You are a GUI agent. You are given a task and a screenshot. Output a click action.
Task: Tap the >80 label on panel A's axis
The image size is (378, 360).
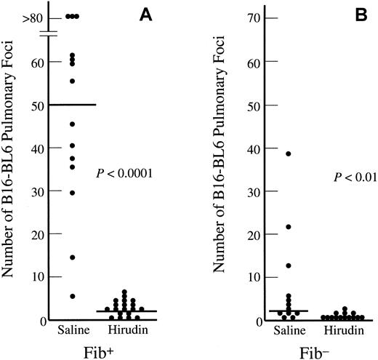click(32, 16)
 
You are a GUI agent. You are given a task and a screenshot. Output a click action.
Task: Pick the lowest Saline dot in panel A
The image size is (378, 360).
click(72, 296)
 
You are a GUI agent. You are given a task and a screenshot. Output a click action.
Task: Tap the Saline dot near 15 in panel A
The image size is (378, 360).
click(72, 257)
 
